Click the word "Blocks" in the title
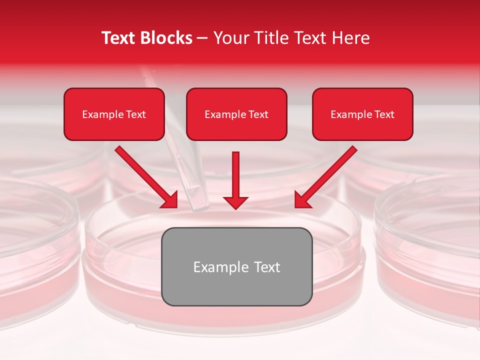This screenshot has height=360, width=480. point(167,38)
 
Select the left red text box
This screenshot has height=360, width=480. point(114,114)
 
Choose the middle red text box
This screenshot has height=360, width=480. point(236,114)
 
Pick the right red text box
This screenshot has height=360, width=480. point(362,114)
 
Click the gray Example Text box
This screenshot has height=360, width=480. point(236,266)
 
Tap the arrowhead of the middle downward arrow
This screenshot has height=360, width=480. point(236,202)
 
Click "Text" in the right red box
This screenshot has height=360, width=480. point(384,114)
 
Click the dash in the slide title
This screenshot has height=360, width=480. point(202,38)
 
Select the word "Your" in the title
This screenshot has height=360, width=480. point(230,38)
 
